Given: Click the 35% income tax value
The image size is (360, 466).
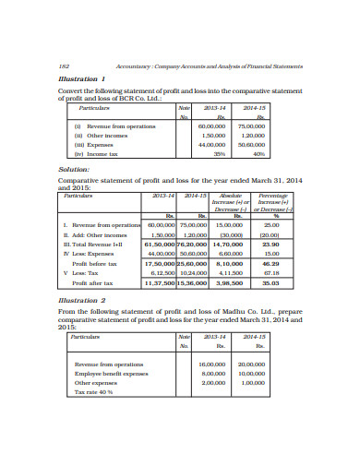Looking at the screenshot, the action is coord(219,154).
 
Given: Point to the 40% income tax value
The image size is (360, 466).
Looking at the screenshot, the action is coord(258,154).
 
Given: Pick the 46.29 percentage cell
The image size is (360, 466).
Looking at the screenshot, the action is coord(271,263).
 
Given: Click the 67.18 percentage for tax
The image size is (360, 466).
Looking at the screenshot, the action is coord(271,273).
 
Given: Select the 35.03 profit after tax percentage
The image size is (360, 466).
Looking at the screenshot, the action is coord(271,283).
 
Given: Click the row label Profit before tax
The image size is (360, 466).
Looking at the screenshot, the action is coord(94,263).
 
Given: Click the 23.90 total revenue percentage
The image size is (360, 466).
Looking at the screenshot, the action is coord(271,244).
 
